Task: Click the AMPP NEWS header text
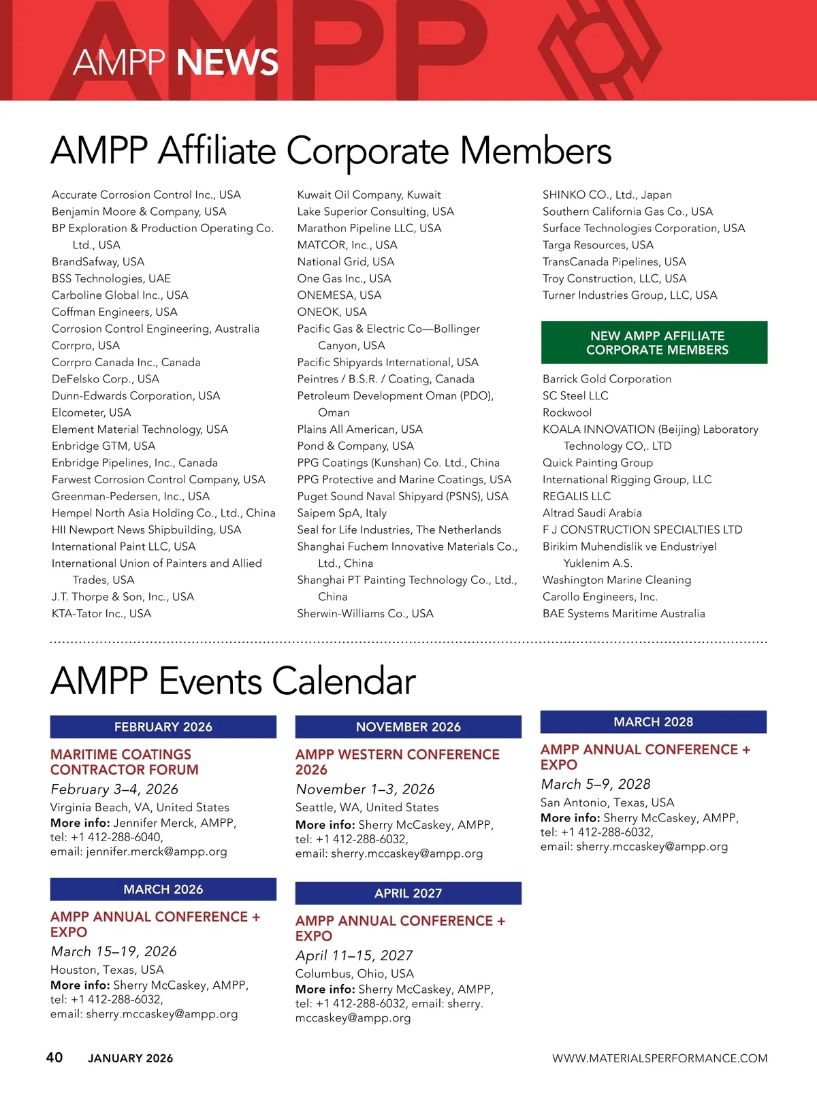tap(176, 62)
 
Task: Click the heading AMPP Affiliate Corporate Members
tap(331, 150)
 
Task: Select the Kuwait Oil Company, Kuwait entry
tap(368, 195)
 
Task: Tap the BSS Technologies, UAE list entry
tap(111, 278)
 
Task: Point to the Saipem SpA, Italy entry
tap(341, 513)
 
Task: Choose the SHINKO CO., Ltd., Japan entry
tap(607, 195)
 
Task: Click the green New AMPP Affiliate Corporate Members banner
tap(654, 342)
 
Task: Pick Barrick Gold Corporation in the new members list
tap(607, 379)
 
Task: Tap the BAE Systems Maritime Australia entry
tap(624, 614)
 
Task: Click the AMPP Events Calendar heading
tap(233, 681)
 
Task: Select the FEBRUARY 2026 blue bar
tap(163, 727)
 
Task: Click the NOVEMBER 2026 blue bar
tap(408, 727)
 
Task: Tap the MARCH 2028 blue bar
tap(654, 722)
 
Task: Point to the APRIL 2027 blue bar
tap(408, 894)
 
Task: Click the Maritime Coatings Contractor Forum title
tap(125, 762)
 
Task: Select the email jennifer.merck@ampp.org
tap(156, 852)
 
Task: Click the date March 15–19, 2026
tap(114, 951)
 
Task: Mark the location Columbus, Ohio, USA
tap(355, 974)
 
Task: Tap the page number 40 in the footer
tap(54, 1058)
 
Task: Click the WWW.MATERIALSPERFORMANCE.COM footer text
tap(660, 1058)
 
